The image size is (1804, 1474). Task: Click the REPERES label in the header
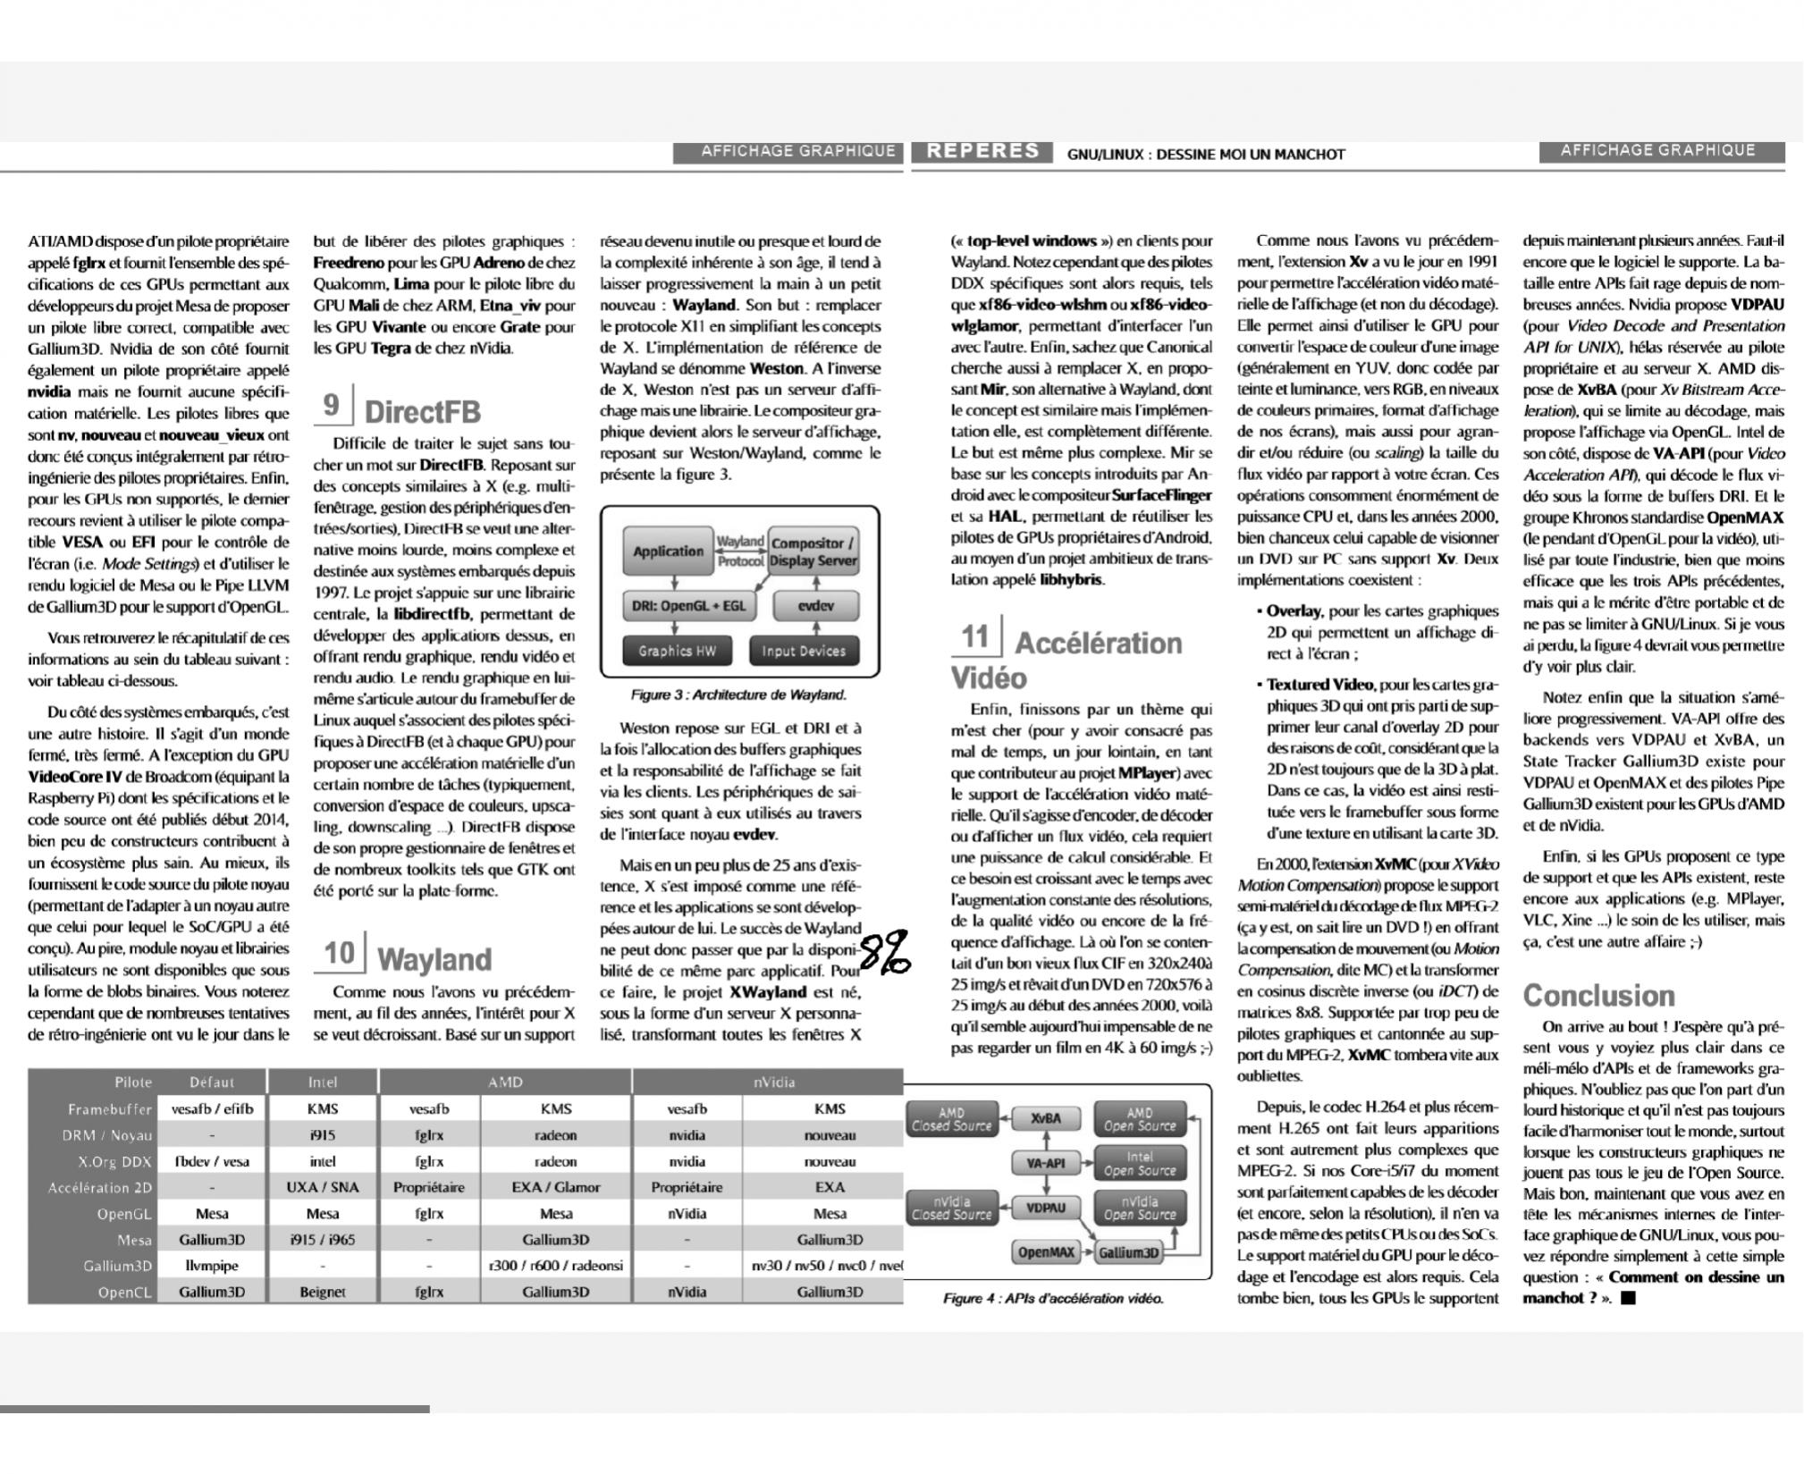[982, 151]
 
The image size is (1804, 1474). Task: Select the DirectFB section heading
[422, 412]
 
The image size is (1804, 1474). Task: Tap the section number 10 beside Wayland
[339, 953]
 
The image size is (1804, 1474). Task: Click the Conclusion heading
[1598, 996]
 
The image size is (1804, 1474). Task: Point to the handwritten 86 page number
[885, 951]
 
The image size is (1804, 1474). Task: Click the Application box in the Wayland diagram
[668, 552]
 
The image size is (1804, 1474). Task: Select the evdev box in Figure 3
[815, 605]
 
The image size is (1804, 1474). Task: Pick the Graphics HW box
[677, 651]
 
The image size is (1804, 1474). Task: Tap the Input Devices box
[803, 651]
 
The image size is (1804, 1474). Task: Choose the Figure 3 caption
[738, 695]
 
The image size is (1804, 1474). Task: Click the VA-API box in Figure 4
[1045, 1163]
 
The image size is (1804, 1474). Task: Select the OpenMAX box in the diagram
[1045, 1252]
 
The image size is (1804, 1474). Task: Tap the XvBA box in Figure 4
[1045, 1118]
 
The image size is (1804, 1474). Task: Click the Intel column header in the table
[323, 1082]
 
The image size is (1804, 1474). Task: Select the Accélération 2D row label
[100, 1188]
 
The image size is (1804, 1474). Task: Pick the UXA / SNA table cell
[323, 1188]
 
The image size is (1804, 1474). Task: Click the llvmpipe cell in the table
[212, 1266]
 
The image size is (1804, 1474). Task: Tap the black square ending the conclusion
[1627, 1299]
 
